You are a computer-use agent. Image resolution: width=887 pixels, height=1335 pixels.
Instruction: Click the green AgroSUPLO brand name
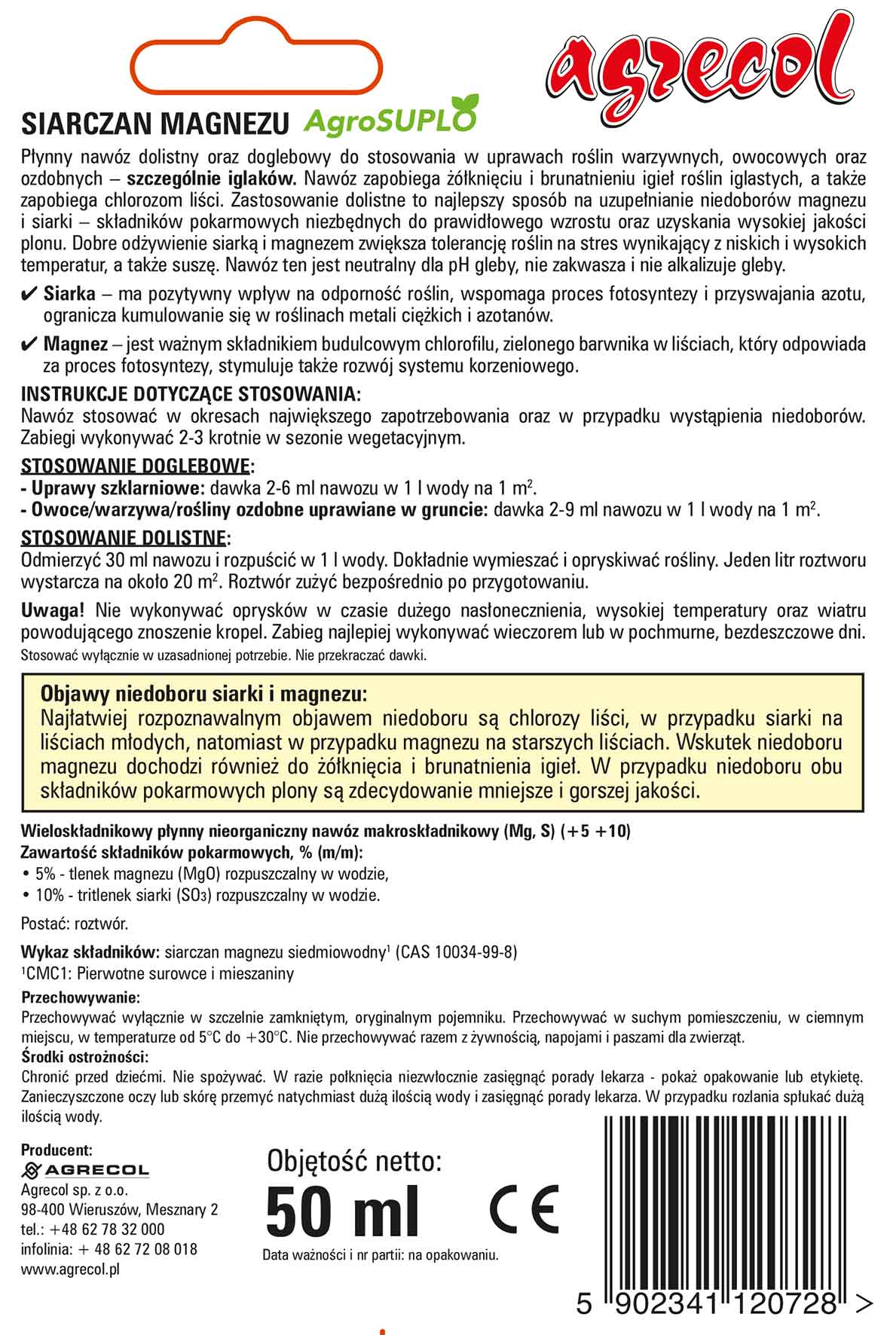point(390,118)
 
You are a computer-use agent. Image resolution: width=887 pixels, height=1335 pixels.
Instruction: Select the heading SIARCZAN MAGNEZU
point(155,121)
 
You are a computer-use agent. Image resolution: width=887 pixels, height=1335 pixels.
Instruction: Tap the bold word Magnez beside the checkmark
point(75,345)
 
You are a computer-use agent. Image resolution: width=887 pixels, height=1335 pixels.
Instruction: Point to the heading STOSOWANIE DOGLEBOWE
point(137,465)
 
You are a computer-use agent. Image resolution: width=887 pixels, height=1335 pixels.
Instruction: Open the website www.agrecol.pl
point(71,1269)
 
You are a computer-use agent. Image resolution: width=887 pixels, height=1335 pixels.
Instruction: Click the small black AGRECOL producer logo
point(85,1170)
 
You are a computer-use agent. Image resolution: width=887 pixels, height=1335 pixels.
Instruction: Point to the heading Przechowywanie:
point(81,997)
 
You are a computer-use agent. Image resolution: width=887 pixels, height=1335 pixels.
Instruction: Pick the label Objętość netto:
point(353,1160)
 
